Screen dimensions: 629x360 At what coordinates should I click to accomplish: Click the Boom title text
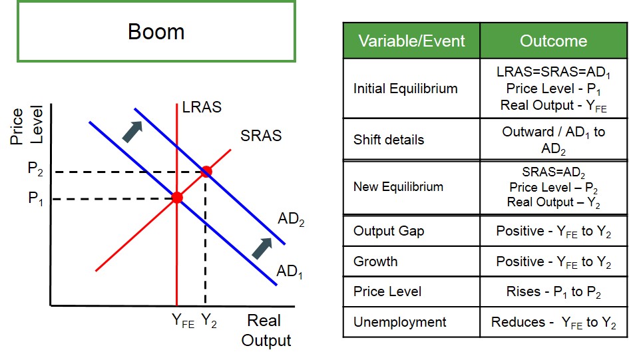click(156, 31)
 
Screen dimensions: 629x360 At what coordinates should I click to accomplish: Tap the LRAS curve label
click(202, 107)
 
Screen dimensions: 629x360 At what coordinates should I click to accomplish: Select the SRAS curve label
click(261, 136)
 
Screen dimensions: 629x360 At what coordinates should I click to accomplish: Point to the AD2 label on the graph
click(291, 220)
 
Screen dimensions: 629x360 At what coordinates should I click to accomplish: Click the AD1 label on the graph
click(290, 271)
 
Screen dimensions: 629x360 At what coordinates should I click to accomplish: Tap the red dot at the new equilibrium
click(206, 172)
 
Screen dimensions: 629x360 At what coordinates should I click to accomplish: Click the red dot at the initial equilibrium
click(177, 197)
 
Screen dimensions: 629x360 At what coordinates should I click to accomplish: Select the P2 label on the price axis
click(35, 168)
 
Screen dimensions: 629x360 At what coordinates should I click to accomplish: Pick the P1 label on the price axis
click(35, 198)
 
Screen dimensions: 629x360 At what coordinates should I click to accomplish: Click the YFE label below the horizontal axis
click(183, 321)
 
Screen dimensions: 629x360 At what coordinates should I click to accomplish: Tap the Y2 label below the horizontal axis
click(208, 321)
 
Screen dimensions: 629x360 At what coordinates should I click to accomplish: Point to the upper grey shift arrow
click(132, 132)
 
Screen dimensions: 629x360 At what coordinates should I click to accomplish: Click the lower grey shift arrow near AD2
click(262, 249)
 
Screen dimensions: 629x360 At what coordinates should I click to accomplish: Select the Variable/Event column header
click(411, 41)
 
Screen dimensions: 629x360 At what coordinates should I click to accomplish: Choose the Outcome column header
click(554, 41)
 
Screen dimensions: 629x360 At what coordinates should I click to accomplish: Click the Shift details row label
click(389, 140)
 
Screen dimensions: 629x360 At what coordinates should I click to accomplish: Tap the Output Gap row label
click(389, 232)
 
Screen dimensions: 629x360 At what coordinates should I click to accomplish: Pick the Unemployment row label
click(399, 322)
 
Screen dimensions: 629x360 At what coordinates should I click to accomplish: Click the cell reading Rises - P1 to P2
click(554, 292)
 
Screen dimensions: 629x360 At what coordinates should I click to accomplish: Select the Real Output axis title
click(266, 330)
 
